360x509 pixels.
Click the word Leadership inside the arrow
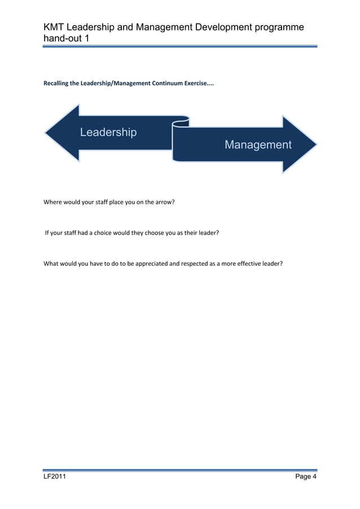click(x=108, y=133)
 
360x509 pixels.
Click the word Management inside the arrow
click(x=258, y=145)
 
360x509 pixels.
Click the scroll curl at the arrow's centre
click(x=181, y=121)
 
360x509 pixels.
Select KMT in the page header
click(x=55, y=28)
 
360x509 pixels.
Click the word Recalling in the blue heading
click(x=56, y=84)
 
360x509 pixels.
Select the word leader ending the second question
click(x=207, y=232)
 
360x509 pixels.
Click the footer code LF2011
click(x=55, y=477)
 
